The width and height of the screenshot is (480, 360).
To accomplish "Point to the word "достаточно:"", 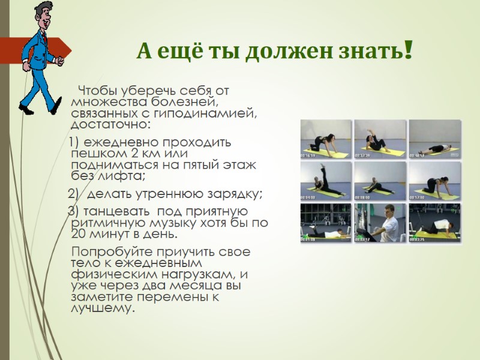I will [x=111, y=124].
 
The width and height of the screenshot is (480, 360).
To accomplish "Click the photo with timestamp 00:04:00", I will [x=325, y=180].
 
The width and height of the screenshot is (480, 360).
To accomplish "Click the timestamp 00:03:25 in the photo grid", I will [x=418, y=239].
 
